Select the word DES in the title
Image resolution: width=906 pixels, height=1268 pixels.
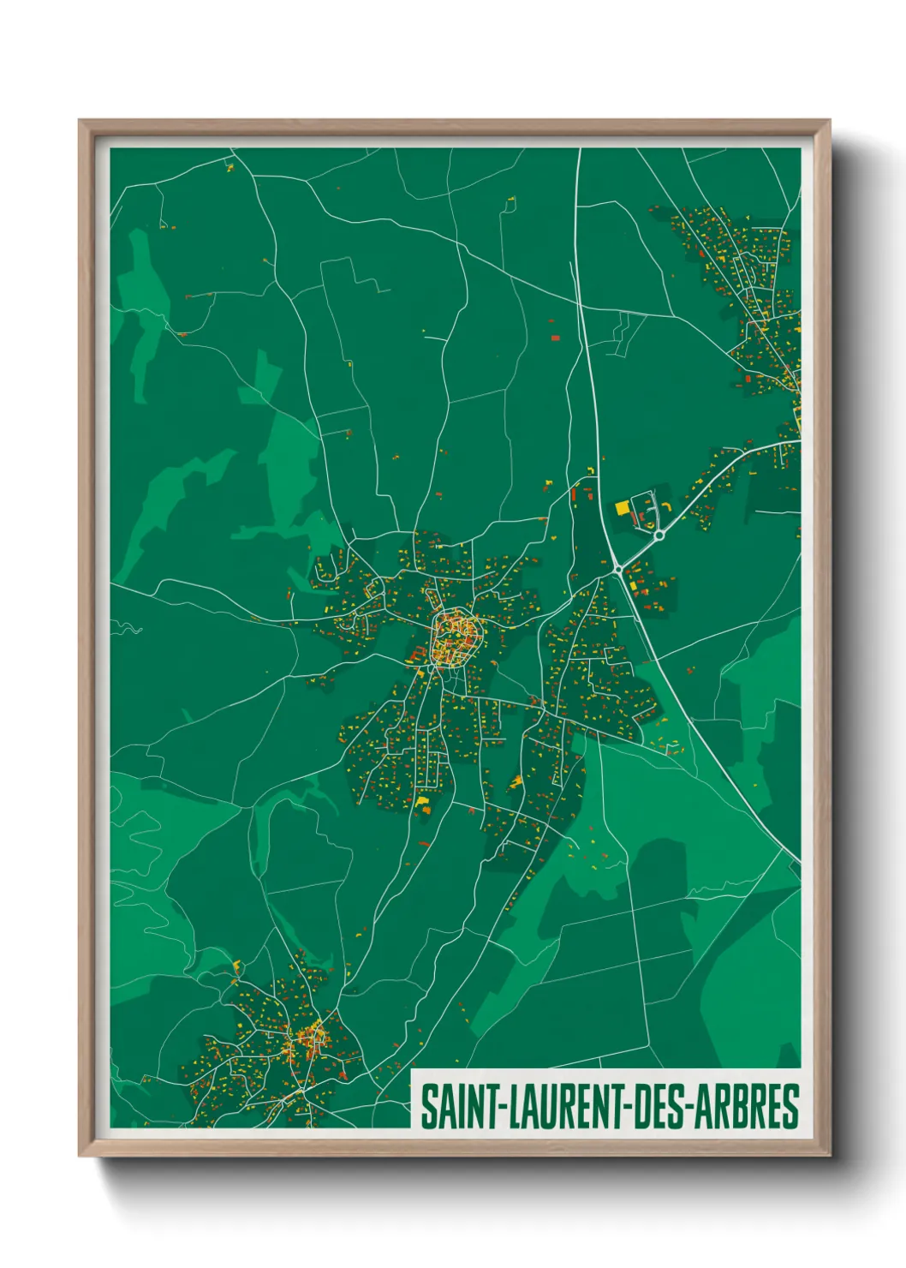point(664,1107)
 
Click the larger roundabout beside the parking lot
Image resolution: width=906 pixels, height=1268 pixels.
point(659,535)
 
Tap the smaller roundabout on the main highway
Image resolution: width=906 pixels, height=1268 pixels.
point(617,569)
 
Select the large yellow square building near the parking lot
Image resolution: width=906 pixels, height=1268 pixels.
point(623,508)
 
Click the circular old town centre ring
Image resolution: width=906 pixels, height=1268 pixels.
point(453,637)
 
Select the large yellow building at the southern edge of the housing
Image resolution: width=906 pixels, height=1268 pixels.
point(422,802)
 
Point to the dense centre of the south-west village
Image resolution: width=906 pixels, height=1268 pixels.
point(308,1041)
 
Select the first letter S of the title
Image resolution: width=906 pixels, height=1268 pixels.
point(427,1107)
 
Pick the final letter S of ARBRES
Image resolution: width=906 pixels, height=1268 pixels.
point(791,1107)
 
